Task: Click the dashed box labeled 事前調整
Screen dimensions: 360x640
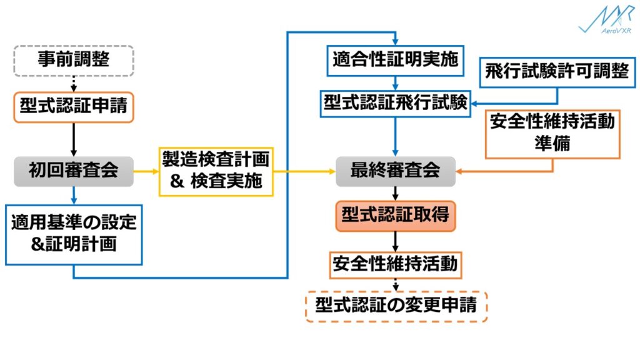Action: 74,60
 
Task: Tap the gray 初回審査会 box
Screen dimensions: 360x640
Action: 74,171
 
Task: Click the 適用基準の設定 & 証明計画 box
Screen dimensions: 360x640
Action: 74,233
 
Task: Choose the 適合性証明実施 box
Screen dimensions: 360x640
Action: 396,61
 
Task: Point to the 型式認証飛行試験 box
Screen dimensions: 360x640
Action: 396,103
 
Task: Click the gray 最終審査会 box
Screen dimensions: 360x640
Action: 396,171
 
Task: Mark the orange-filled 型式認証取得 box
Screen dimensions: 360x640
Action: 396,216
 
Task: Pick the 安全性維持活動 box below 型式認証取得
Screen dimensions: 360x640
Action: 396,265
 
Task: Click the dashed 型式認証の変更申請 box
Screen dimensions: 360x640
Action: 396,306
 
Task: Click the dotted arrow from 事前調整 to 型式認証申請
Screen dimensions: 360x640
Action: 74,84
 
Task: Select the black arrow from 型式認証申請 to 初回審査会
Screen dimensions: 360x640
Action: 74,139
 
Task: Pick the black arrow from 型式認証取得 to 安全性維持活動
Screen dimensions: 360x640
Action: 396,241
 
